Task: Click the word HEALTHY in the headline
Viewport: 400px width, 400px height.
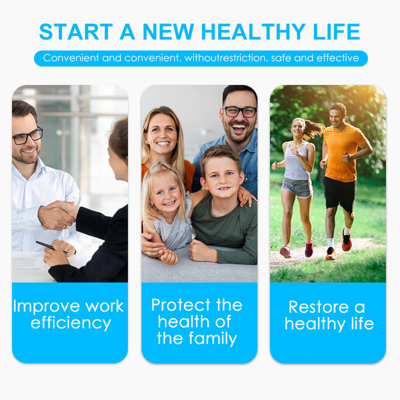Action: (x=253, y=32)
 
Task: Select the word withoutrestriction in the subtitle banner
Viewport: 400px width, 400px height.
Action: (x=226, y=58)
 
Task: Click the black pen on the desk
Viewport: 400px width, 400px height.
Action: (x=51, y=247)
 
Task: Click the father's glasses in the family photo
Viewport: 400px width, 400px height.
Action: (x=240, y=112)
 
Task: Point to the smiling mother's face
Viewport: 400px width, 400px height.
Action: (x=162, y=133)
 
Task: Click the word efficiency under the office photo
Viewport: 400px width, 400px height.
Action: (x=71, y=323)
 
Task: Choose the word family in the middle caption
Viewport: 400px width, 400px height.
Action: (x=213, y=339)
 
